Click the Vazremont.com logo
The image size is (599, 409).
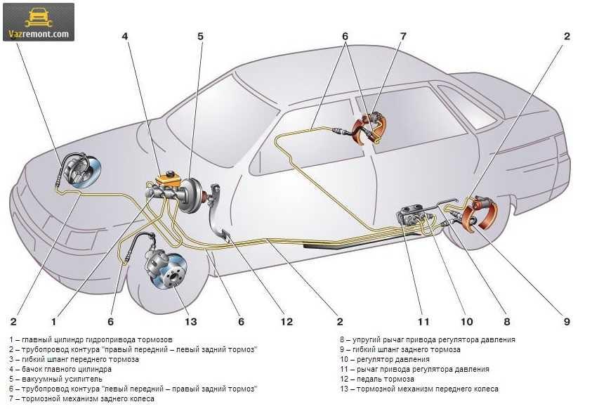pyautogui.click(x=39, y=22)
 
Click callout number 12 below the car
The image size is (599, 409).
pyautogui.click(x=287, y=323)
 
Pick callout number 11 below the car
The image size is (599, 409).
pyautogui.click(x=423, y=323)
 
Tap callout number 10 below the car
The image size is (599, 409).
pyautogui.click(x=467, y=323)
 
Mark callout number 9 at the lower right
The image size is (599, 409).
pyautogui.click(x=566, y=323)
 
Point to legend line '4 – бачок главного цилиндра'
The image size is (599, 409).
pyautogui.click(x=61, y=369)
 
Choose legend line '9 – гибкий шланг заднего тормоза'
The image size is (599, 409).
pyautogui.click(x=400, y=349)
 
